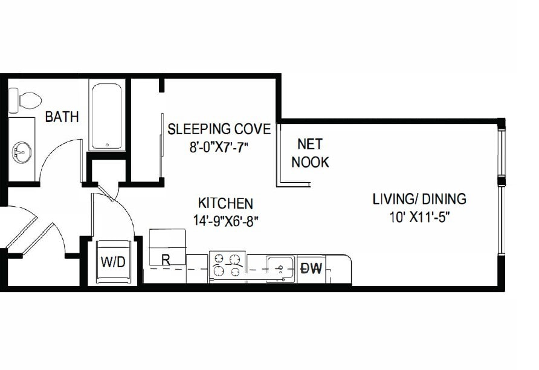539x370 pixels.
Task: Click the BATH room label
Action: (x=62, y=117)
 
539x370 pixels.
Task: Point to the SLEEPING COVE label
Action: (x=219, y=129)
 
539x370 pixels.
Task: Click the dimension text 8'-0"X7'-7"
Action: (x=219, y=146)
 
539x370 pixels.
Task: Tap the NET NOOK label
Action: (x=310, y=153)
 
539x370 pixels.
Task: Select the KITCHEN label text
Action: (x=225, y=204)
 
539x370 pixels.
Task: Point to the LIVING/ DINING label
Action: (x=419, y=199)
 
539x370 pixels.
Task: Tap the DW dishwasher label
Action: (x=312, y=268)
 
